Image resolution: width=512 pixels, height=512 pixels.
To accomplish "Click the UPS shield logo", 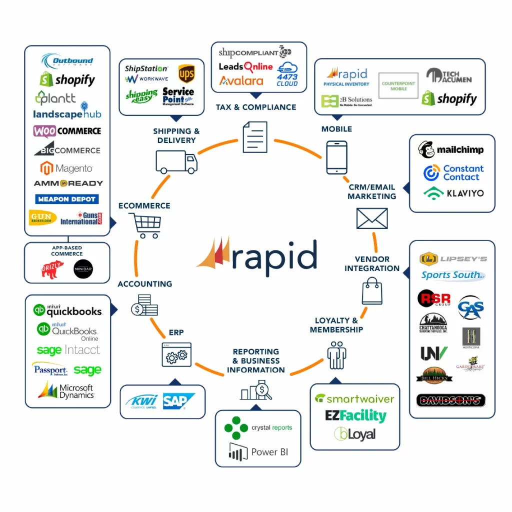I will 186,74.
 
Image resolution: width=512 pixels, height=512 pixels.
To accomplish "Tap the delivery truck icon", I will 176,162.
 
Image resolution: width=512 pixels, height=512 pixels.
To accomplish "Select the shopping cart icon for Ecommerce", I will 145,225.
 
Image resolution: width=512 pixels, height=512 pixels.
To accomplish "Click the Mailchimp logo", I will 451,149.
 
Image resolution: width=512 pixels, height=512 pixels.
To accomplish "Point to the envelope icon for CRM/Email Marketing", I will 371,218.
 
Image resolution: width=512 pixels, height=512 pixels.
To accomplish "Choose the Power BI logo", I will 258,451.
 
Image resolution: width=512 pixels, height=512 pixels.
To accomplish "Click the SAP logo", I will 178,401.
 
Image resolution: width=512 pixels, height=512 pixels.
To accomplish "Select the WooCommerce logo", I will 67,131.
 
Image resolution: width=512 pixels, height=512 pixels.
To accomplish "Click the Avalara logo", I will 241,80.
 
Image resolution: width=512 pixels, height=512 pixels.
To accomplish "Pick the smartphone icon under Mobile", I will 336,157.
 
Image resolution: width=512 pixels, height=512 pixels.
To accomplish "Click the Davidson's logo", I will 450,400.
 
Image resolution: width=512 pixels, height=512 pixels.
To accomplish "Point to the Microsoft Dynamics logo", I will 66,390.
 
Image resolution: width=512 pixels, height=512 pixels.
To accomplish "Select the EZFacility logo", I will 355,416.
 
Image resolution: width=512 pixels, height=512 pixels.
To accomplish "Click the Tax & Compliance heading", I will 255,107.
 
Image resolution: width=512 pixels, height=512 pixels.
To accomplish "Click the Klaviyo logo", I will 453,192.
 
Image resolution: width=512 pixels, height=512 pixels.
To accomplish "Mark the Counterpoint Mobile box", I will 398,85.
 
